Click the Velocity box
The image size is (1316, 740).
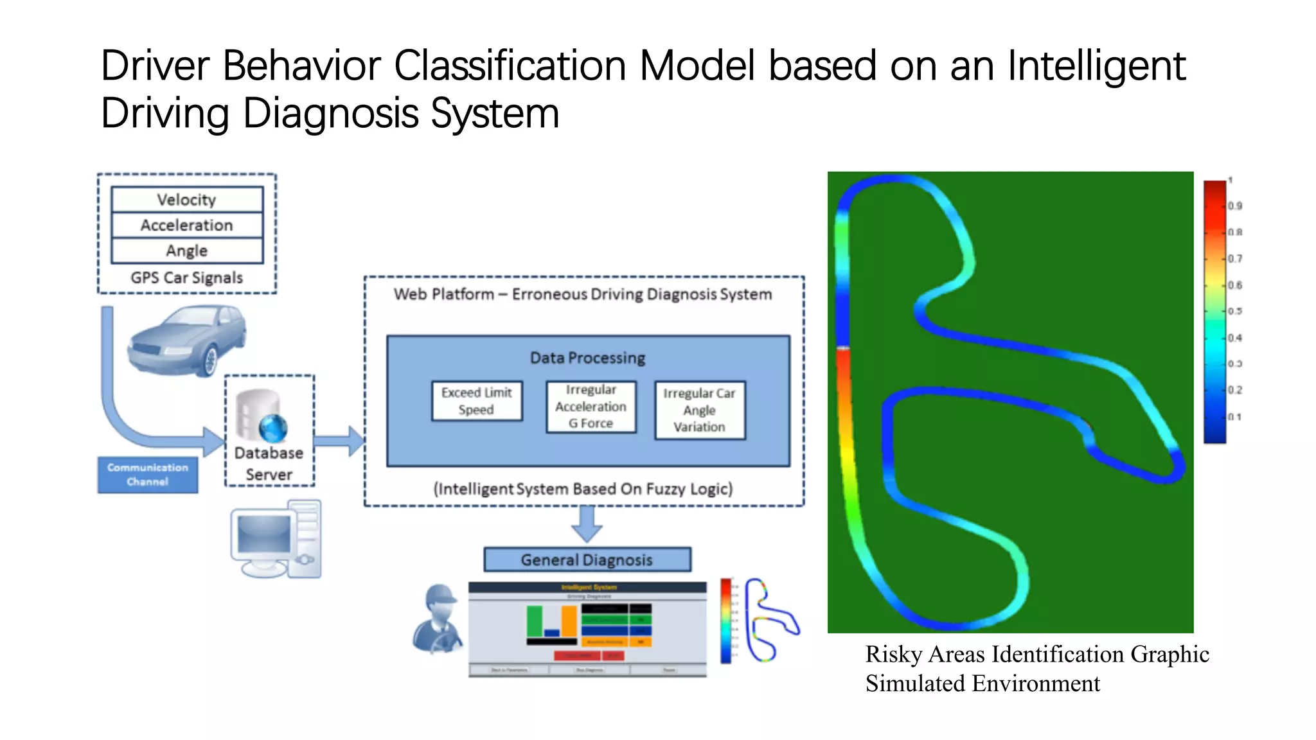[187, 200]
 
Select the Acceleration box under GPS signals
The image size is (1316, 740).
[187, 225]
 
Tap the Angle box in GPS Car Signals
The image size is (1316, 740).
[187, 251]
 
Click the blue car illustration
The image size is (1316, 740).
[186, 340]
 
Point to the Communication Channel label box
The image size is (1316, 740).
[148, 475]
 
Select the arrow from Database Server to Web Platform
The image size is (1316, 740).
[339, 441]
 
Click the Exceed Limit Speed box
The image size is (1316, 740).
[477, 401]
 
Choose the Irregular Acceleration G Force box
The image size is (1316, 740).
[591, 407]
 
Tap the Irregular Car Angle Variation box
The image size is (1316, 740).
[700, 410]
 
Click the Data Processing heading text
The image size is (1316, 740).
[587, 358]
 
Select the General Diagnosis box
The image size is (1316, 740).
[587, 559]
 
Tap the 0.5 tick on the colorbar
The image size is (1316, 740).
[1234, 312]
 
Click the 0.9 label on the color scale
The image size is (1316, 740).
[1234, 206]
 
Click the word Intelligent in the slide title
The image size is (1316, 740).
[1096, 66]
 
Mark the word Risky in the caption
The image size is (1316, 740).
[893, 654]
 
